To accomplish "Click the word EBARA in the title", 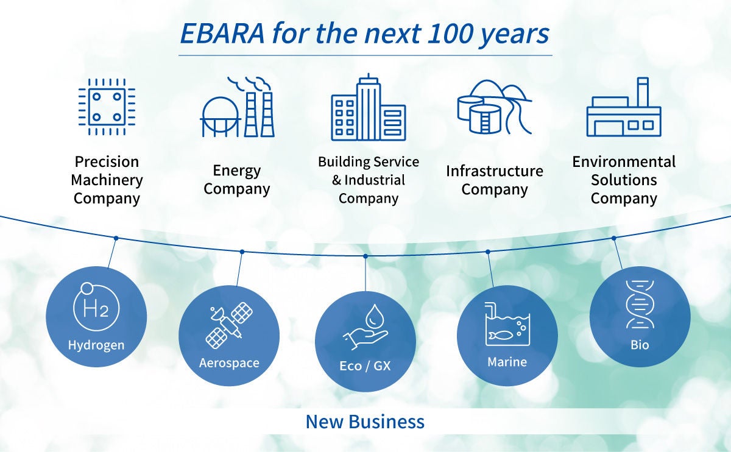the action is (x=222, y=34).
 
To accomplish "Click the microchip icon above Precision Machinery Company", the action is (x=107, y=107).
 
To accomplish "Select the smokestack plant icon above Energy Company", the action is (x=237, y=107).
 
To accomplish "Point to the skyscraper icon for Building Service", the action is (x=369, y=107).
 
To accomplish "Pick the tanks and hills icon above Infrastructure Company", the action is (x=495, y=107).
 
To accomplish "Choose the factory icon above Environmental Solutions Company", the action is (x=624, y=107).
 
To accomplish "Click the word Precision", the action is (x=107, y=161).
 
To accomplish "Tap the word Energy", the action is (x=237, y=171).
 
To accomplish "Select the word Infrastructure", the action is (x=495, y=171).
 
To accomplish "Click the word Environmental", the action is (x=624, y=161).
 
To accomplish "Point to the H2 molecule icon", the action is (x=96, y=306).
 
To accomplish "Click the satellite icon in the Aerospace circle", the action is (x=230, y=325).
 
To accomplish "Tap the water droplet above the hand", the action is (x=373, y=316).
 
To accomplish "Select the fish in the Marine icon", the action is (x=500, y=335).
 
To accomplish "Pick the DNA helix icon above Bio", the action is (x=640, y=304).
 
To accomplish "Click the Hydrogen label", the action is (x=96, y=345).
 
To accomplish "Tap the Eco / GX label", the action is (x=365, y=366).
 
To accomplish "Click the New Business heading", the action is (x=365, y=422).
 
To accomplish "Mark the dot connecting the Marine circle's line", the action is (x=488, y=252).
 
